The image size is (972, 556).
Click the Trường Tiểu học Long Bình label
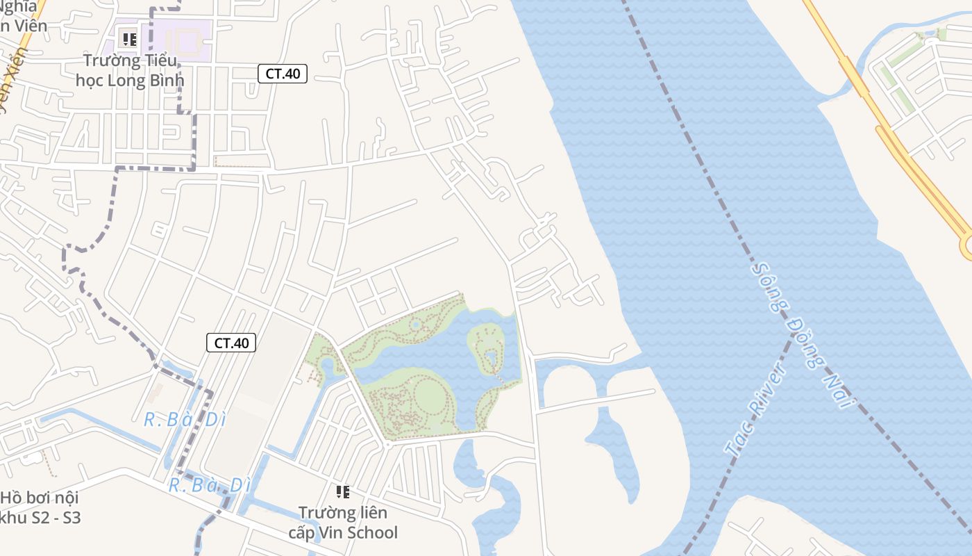point(130,70)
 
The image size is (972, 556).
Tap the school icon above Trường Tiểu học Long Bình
point(129,39)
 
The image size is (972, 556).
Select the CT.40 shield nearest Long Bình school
point(283,74)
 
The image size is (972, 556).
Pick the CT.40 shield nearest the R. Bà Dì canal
point(231,343)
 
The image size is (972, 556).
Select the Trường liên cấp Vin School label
point(343,523)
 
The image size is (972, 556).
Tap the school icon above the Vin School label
point(343,492)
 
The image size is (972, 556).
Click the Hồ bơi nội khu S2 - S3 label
point(40,507)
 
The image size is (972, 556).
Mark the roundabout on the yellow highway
point(967,245)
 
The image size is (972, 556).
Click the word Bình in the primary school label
point(165,80)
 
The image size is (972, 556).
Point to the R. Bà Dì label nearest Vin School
point(209,484)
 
